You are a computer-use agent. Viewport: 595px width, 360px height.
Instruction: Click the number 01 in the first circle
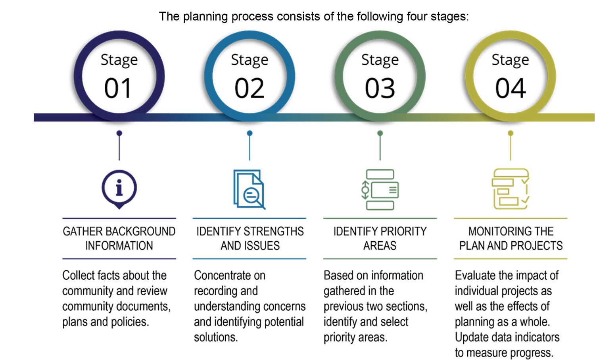pyautogui.click(x=118, y=88)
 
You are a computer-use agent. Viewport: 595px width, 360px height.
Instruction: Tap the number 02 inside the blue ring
pyautogui.click(x=249, y=88)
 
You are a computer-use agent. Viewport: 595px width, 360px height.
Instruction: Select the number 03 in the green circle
pyautogui.click(x=380, y=88)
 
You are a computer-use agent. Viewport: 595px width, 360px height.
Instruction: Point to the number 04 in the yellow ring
pyautogui.click(x=511, y=88)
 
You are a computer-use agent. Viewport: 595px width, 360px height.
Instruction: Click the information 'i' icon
pyautogui.click(x=119, y=189)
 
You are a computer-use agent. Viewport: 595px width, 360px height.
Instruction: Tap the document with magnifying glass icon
pyautogui.click(x=249, y=189)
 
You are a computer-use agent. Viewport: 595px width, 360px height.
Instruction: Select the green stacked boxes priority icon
pyautogui.click(x=380, y=190)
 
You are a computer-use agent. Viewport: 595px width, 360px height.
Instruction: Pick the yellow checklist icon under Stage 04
pyautogui.click(x=510, y=189)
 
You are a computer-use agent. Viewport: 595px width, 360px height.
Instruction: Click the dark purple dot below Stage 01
pyautogui.click(x=119, y=133)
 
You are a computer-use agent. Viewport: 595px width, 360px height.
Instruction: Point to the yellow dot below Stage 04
pyautogui.click(x=511, y=133)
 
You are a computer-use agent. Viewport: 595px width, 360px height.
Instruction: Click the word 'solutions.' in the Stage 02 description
pyautogui.click(x=216, y=337)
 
